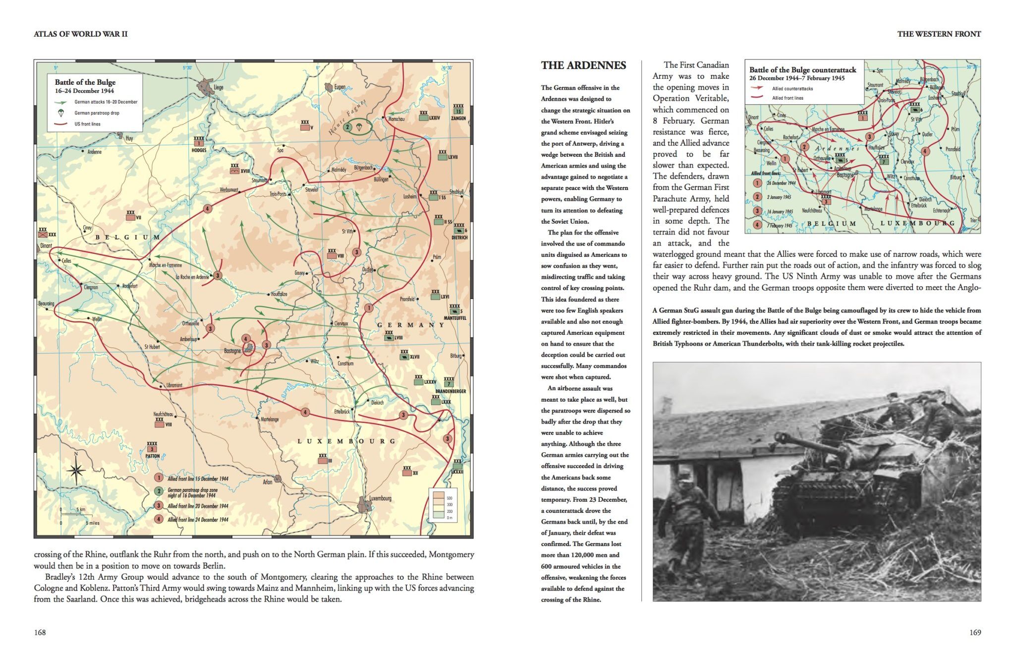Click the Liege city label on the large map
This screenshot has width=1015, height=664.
[x=218, y=87]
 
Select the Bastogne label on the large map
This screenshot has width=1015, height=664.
[x=232, y=351]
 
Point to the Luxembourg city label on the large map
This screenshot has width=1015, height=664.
[x=380, y=498]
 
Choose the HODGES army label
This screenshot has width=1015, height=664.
[x=199, y=150]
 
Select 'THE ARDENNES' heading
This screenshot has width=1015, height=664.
[x=583, y=65]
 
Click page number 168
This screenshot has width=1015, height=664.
[x=40, y=632]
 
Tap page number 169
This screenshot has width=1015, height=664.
[x=975, y=632]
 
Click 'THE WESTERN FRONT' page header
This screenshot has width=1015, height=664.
[x=939, y=34]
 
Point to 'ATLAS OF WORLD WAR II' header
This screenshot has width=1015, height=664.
[x=80, y=34]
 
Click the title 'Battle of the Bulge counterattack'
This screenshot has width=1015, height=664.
[x=802, y=70]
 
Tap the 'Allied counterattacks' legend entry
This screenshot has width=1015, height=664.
[x=792, y=89]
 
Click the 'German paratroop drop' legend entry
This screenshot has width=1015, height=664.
[x=97, y=113]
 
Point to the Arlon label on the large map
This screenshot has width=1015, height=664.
[x=268, y=482]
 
